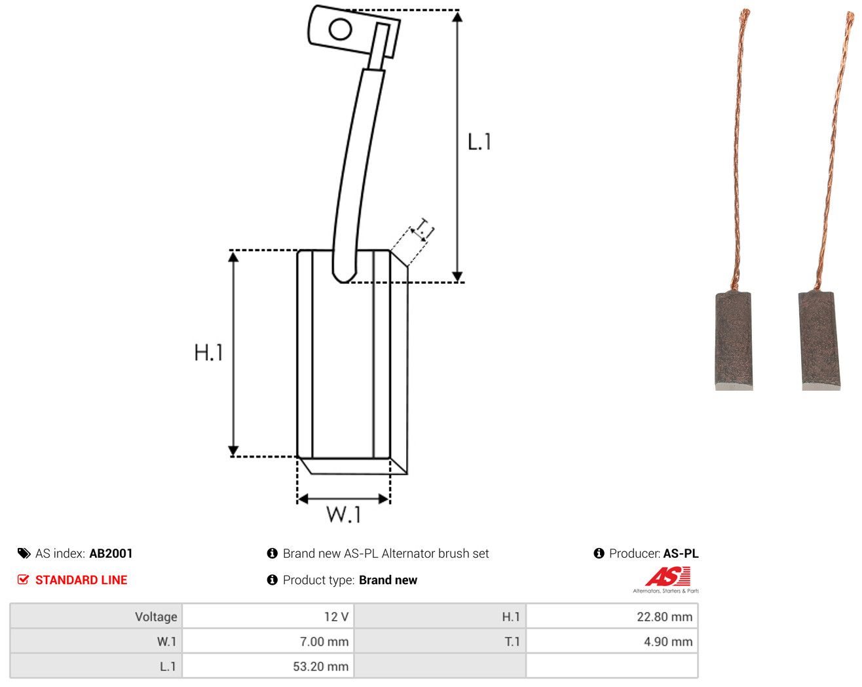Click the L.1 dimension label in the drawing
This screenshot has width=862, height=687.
tap(479, 142)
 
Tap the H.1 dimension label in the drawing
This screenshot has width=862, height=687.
tap(208, 352)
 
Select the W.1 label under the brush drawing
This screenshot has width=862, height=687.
tap(344, 514)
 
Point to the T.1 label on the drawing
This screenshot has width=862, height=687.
tap(424, 228)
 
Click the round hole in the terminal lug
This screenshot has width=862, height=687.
tap(340, 29)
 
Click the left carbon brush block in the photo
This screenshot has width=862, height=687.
tap(734, 340)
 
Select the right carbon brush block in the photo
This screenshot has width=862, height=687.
tap(819, 340)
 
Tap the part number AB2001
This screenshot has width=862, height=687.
tap(111, 553)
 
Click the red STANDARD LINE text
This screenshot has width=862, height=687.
tap(81, 580)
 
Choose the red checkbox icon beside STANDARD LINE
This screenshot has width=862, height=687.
tap(23, 579)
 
